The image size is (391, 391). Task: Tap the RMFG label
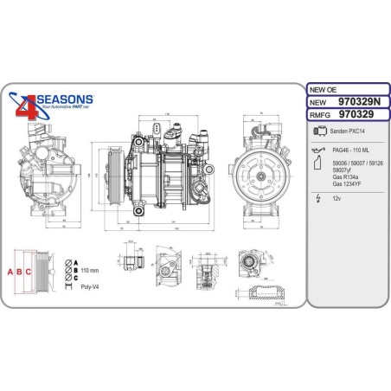click(x=321, y=112)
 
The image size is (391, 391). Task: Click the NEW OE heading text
click(x=322, y=89)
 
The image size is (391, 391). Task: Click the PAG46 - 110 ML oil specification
click(x=350, y=151)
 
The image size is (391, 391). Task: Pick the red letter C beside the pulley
click(x=29, y=272)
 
